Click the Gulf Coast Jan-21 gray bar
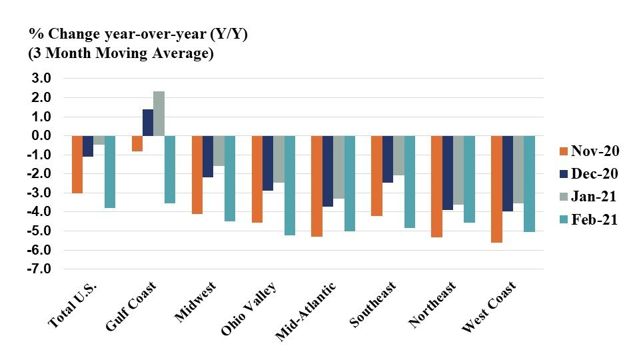point(159,114)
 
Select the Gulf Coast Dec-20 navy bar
point(148,123)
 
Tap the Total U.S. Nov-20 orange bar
point(77,165)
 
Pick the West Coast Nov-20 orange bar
point(496,189)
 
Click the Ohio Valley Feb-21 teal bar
point(290,185)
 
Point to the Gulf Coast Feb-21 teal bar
point(170,169)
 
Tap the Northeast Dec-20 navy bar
point(448,173)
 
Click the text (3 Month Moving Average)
point(121,54)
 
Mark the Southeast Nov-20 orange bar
point(376,176)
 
